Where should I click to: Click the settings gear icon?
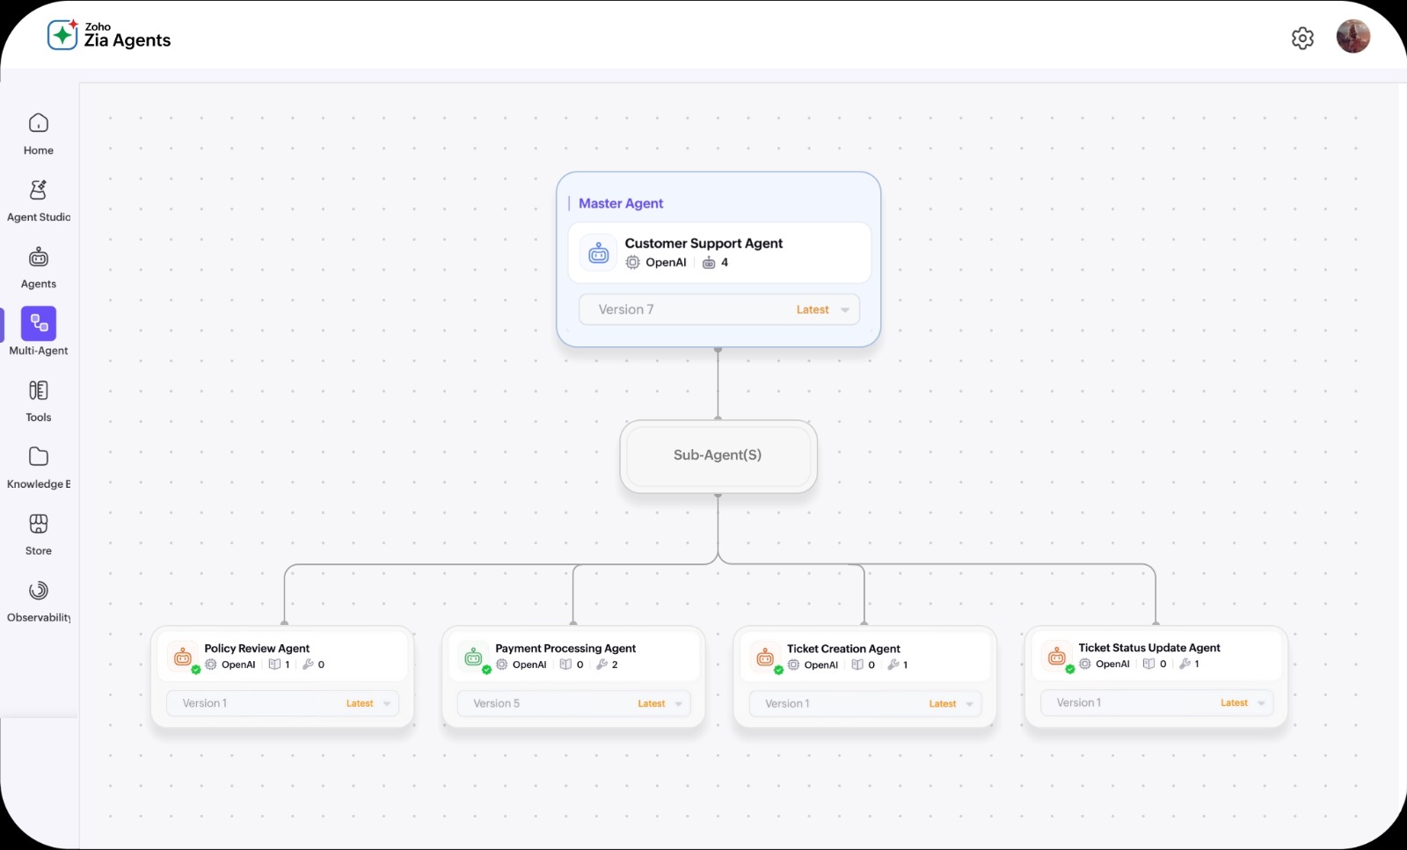coord(1302,39)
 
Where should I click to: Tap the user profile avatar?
coord(1353,36)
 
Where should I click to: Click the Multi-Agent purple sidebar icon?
coord(39,323)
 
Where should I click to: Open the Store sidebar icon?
coord(39,524)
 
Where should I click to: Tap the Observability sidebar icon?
coord(39,591)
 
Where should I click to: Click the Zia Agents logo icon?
coord(62,34)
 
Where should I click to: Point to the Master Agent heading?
coord(621,203)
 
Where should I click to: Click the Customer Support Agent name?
coord(703,243)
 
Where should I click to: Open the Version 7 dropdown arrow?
coord(845,310)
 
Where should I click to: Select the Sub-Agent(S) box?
coord(718,455)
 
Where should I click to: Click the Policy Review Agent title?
coord(256,648)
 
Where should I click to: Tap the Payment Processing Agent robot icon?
coord(473,657)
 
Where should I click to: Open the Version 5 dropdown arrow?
coord(678,704)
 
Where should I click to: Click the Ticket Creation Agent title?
coord(843,649)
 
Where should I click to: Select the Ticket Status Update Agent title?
coord(1148,647)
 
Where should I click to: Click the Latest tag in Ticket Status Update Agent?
coord(1234,702)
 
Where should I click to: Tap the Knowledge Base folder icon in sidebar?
coord(39,456)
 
